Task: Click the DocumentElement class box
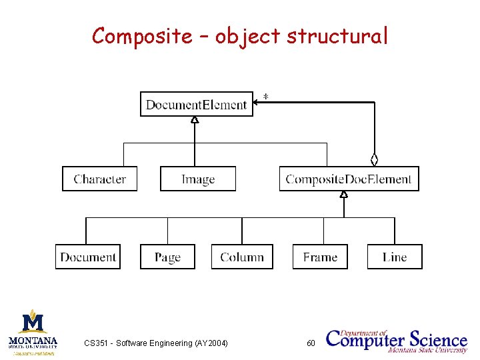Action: click(x=197, y=104)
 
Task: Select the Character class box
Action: click(x=99, y=179)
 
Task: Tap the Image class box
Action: click(x=198, y=179)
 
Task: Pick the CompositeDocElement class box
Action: click(x=349, y=179)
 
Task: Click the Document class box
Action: click(x=88, y=257)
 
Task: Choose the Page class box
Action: click(x=167, y=257)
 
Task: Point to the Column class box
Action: click(x=242, y=257)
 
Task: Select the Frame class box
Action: click(x=320, y=257)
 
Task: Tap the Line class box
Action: click(x=395, y=257)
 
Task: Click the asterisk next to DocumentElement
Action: click(x=266, y=97)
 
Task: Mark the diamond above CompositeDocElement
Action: click(x=375, y=159)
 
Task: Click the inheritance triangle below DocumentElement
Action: click(x=195, y=121)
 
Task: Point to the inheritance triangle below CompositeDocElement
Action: click(x=344, y=195)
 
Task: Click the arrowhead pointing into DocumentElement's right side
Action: click(x=257, y=103)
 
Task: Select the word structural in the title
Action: click(x=337, y=36)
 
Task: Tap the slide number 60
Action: click(x=311, y=343)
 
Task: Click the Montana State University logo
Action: click(x=33, y=331)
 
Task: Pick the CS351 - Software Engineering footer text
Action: click(x=155, y=343)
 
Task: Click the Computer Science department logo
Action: click(x=397, y=339)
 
